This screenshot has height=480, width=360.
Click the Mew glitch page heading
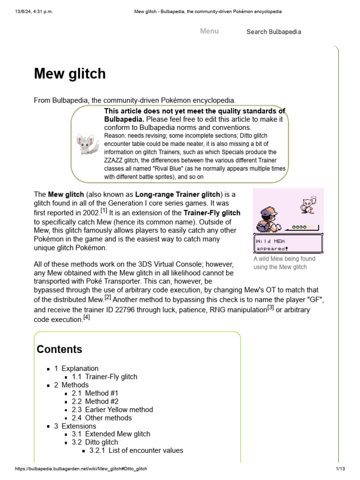[70, 74]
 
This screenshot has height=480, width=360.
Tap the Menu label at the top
[209, 31]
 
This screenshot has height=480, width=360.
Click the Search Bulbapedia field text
[274, 32]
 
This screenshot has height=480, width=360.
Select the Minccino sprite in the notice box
[86, 144]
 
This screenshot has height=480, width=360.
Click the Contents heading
[60, 349]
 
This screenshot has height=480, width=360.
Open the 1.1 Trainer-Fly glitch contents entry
[105, 376]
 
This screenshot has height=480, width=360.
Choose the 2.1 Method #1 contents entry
[95, 393]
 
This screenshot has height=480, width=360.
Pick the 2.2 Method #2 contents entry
[95, 401]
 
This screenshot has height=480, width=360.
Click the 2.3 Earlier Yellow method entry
[112, 409]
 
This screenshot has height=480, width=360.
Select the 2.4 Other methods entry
[102, 418]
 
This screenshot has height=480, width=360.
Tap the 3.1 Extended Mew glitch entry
[111, 434]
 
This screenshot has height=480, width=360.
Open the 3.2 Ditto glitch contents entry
[95, 442]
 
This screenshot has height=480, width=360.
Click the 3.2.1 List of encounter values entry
[136, 450]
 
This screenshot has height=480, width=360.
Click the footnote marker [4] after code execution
[86, 317]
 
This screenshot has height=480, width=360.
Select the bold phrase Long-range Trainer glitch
[178, 194]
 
